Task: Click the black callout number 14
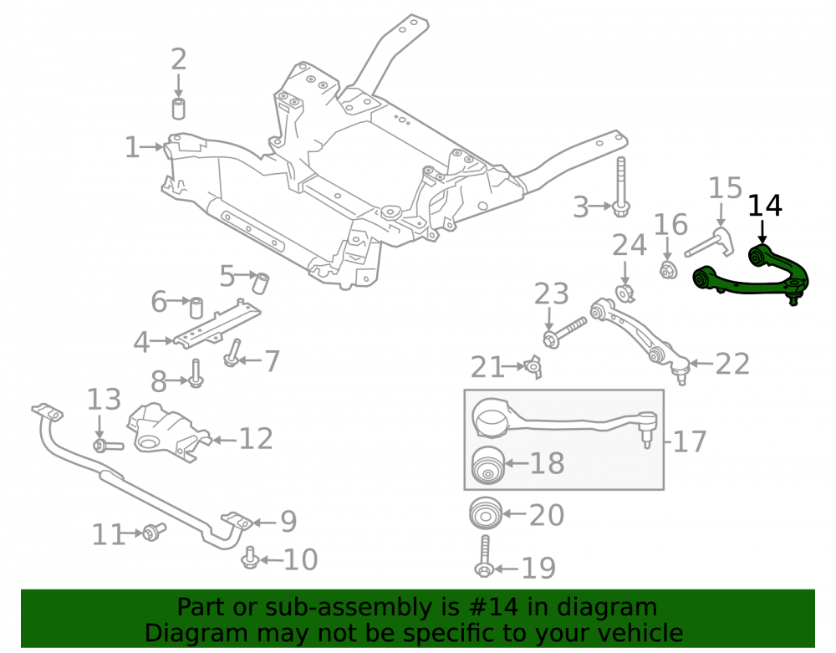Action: [765, 206]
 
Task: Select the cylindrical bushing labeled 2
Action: [179, 108]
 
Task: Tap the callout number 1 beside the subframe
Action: [132, 148]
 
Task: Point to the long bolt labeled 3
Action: [621, 186]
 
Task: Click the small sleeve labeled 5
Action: [261, 283]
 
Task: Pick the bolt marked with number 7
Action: [232, 353]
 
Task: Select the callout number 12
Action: [256, 439]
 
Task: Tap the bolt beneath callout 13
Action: [108, 445]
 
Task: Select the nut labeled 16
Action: [668, 270]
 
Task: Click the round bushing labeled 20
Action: [486, 513]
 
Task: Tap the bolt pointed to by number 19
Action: [484, 556]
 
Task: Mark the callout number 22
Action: [732, 364]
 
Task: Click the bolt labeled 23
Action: [564, 332]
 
